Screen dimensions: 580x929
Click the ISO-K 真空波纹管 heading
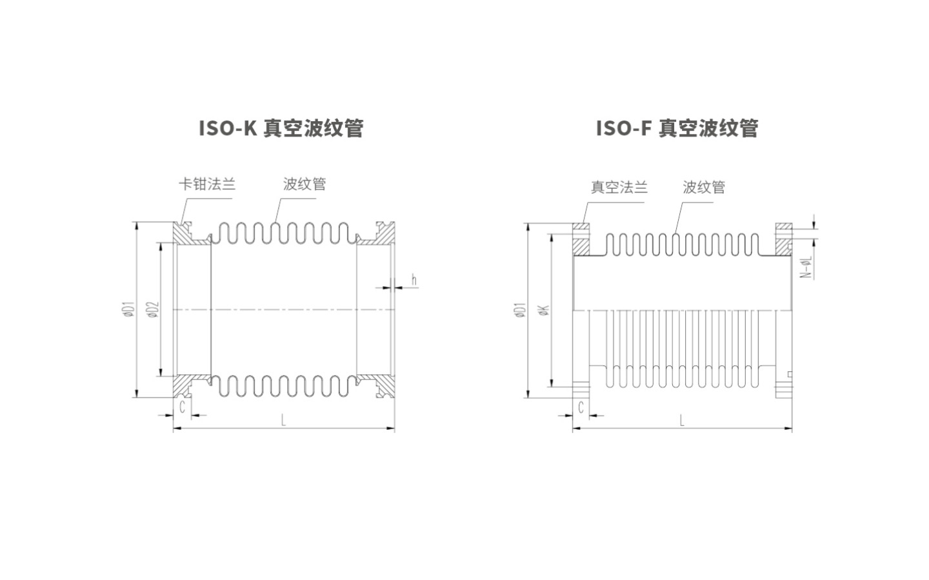281,128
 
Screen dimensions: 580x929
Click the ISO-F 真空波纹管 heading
677,128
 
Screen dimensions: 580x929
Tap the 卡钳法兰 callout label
207,184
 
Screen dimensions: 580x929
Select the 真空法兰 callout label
619,188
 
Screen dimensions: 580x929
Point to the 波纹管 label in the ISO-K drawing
305,184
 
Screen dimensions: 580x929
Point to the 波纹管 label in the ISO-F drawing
704,188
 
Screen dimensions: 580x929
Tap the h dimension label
414,280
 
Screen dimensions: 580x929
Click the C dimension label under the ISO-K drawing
183,407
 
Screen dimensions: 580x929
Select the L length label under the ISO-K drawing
283,421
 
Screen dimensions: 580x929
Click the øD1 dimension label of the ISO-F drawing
521,310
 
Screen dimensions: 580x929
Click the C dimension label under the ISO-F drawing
581,407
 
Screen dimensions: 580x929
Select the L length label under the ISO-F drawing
682,421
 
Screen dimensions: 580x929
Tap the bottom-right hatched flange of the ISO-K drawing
382,386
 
